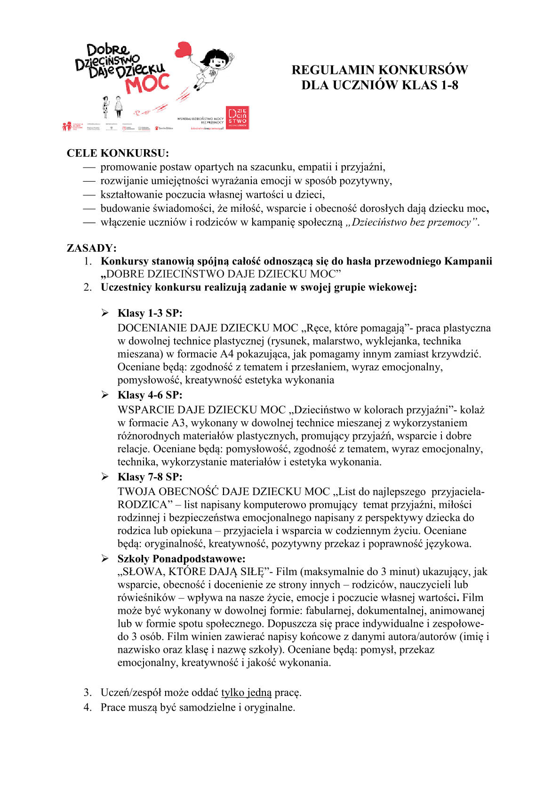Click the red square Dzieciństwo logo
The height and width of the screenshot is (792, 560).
tap(238, 118)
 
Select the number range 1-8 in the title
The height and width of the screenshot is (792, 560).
tap(449, 85)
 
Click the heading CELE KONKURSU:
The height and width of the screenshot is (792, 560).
tap(118, 153)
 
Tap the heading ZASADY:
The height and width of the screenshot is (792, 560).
tap(92, 248)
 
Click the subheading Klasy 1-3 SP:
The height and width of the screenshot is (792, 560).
tap(150, 313)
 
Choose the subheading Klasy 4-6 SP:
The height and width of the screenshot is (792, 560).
tap(150, 395)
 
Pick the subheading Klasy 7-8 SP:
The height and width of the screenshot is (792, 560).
tap(150, 477)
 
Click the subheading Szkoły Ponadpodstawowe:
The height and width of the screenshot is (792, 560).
tap(181, 559)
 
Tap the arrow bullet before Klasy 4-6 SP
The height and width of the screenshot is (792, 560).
tap(105, 395)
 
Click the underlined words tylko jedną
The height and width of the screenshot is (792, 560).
tap(246, 693)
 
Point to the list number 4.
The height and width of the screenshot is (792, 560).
tap(88, 708)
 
